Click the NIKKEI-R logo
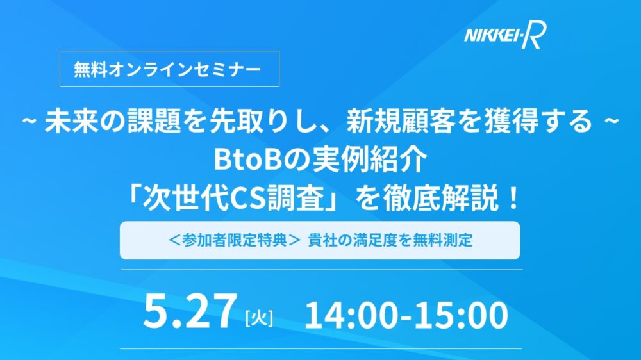[x=505, y=35]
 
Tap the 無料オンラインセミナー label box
[x=169, y=69]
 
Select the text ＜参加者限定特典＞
[x=235, y=240]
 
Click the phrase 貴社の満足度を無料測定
[x=390, y=240]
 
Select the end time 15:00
[x=462, y=315]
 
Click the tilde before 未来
[x=30, y=121]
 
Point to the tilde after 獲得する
[x=610, y=121]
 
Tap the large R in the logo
[x=535, y=35]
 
